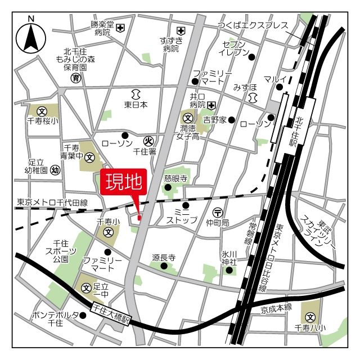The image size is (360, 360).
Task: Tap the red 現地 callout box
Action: [x=123, y=183]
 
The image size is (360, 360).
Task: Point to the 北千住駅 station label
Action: [x=298, y=128]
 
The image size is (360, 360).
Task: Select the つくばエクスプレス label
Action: [x=253, y=25]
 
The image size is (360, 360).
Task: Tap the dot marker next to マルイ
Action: [x=279, y=87]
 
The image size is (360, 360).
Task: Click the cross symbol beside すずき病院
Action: [x=181, y=30]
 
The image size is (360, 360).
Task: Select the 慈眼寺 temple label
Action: [x=175, y=178]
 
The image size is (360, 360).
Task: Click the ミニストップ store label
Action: [x=186, y=215]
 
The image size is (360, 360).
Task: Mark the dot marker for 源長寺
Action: [x=164, y=265]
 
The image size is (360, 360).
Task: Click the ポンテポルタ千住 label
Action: [x=55, y=318]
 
